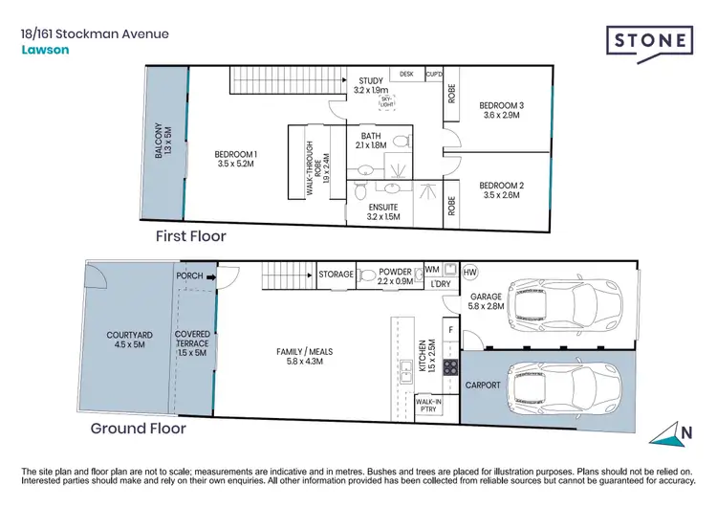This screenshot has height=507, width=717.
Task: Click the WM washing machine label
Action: (x=431, y=270)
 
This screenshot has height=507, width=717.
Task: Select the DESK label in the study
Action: (x=406, y=74)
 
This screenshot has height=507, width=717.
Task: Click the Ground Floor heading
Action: (x=138, y=429)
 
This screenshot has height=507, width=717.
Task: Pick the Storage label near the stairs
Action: (x=336, y=275)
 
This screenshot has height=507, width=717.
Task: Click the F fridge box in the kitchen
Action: (x=450, y=329)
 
